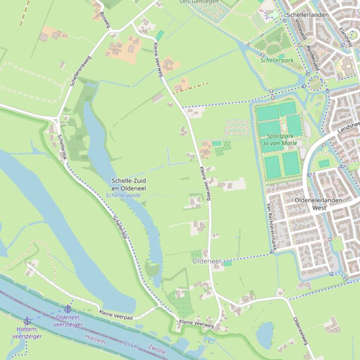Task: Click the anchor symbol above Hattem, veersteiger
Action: point(27,321)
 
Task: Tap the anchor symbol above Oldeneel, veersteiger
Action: point(68,309)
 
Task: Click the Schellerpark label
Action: point(277,60)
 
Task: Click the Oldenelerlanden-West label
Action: point(320,203)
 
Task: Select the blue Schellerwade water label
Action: point(123,195)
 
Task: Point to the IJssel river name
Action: point(131,345)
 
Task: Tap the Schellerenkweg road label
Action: point(81,72)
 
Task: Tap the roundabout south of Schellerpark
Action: point(315,84)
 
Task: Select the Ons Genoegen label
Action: point(199,2)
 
